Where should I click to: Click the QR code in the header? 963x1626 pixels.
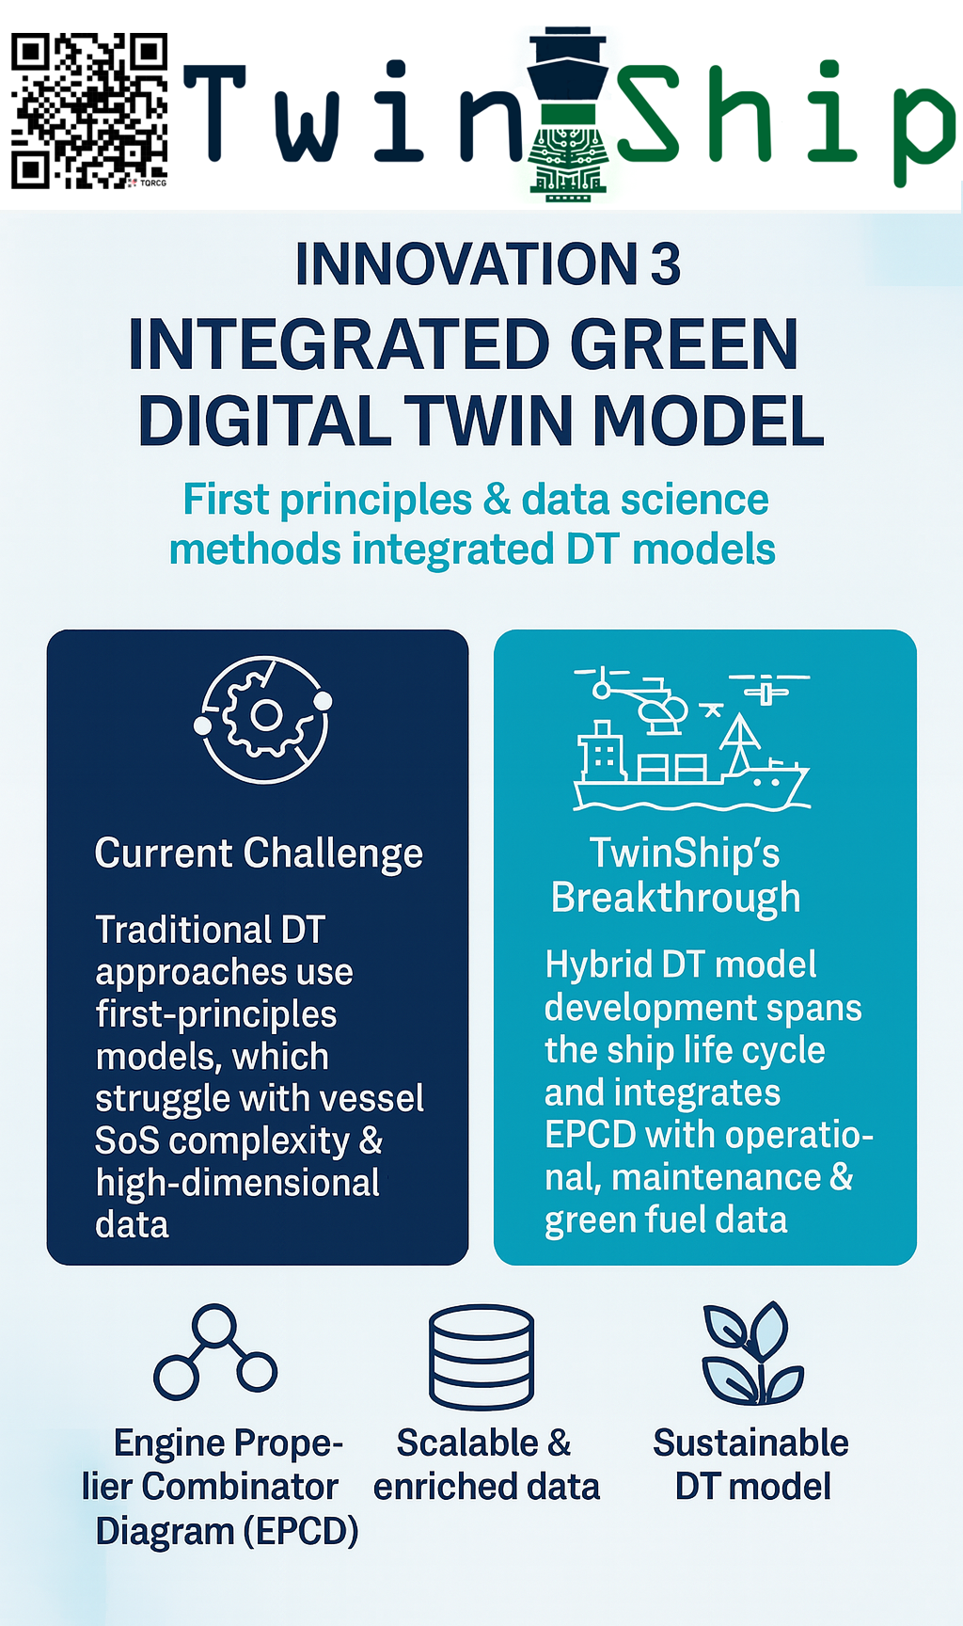(x=89, y=111)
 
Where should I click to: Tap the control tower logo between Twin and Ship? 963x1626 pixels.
(x=567, y=114)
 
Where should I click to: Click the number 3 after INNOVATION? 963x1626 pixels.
(x=666, y=264)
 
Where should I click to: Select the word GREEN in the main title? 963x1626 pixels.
(x=685, y=344)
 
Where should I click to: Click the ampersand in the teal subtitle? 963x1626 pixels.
(x=497, y=500)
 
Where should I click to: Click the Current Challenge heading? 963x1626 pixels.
(x=259, y=854)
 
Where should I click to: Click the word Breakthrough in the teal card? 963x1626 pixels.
(x=675, y=899)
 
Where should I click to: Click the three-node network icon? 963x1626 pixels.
(x=215, y=1352)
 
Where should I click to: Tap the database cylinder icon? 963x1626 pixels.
(x=481, y=1357)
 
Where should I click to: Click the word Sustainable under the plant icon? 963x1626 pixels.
(x=751, y=1443)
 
